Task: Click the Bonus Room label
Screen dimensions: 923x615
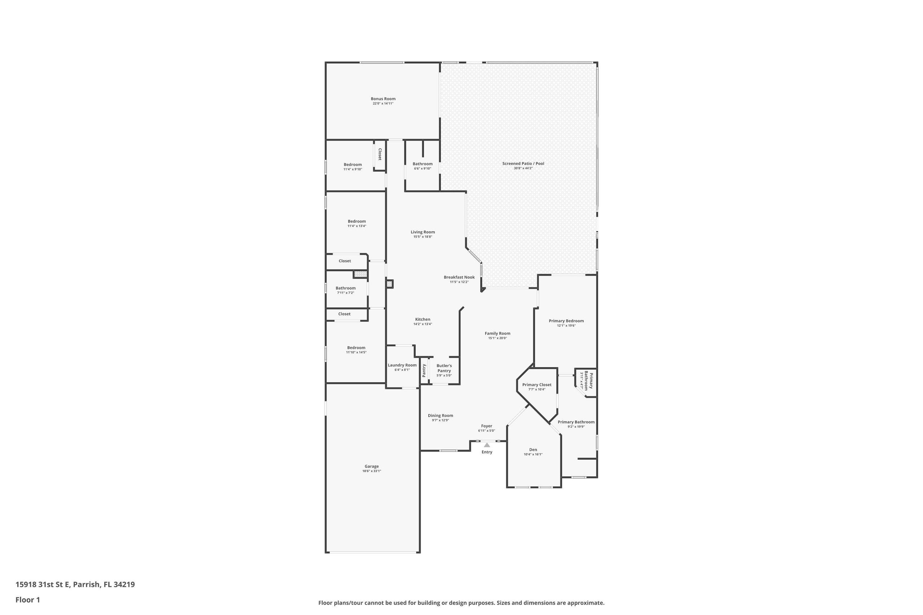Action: pyautogui.click(x=383, y=99)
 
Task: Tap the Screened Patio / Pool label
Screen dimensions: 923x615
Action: pyautogui.click(x=523, y=164)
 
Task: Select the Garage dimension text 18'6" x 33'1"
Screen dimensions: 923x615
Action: pyautogui.click(x=372, y=471)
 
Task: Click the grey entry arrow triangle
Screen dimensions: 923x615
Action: pyautogui.click(x=487, y=445)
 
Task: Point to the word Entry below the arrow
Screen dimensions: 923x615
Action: pyautogui.click(x=487, y=452)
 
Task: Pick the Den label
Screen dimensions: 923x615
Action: pyautogui.click(x=533, y=450)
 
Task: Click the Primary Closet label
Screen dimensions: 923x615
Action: pyautogui.click(x=537, y=385)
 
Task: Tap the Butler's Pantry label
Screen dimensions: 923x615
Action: pyautogui.click(x=444, y=368)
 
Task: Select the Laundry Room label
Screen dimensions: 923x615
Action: pyautogui.click(x=402, y=365)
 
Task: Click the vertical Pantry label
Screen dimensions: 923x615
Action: pyautogui.click(x=424, y=371)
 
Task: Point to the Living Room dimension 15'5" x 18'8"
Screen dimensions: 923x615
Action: pyautogui.click(x=423, y=237)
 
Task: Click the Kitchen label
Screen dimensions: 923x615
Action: pyautogui.click(x=423, y=319)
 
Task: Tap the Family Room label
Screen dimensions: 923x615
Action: pyautogui.click(x=498, y=333)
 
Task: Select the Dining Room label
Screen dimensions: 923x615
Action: pyautogui.click(x=440, y=415)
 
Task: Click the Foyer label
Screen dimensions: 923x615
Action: pyautogui.click(x=487, y=426)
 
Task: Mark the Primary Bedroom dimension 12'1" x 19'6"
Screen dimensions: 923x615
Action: pyautogui.click(x=566, y=326)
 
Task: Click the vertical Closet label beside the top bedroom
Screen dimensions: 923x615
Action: pyautogui.click(x=380, y=154)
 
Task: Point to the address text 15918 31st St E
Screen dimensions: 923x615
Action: pyautogui.click(x=43, y=585)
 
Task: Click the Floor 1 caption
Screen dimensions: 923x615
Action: pyautogui.click(x=27, y=600)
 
